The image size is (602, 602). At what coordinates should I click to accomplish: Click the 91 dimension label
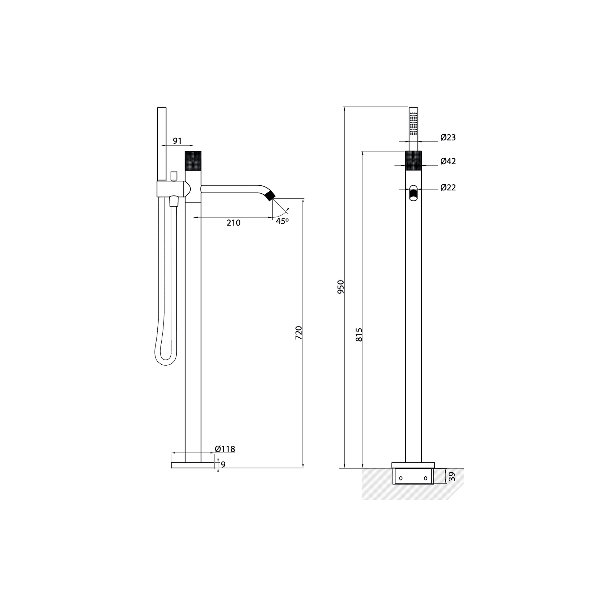177,141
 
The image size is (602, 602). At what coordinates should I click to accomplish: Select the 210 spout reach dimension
233,223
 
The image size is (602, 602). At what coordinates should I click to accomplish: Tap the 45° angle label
282,221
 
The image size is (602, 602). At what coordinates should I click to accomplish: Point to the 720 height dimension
298,333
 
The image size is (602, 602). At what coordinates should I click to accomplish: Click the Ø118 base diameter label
225,449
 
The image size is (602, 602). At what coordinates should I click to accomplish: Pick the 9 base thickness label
223,465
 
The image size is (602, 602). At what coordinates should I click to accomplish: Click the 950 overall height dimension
341,287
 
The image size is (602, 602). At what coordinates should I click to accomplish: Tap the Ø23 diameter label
448,137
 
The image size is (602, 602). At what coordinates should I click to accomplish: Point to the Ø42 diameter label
448,161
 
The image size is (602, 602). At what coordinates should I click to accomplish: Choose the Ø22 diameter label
448,187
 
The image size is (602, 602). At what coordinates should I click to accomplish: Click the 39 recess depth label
452,476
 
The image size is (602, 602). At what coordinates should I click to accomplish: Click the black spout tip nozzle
270,196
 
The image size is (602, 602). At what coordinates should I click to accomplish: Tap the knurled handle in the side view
193,161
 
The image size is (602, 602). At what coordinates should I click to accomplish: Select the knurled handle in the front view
413,161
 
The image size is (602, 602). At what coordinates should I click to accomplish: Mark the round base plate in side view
193,465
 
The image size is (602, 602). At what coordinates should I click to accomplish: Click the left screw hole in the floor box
401,478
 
